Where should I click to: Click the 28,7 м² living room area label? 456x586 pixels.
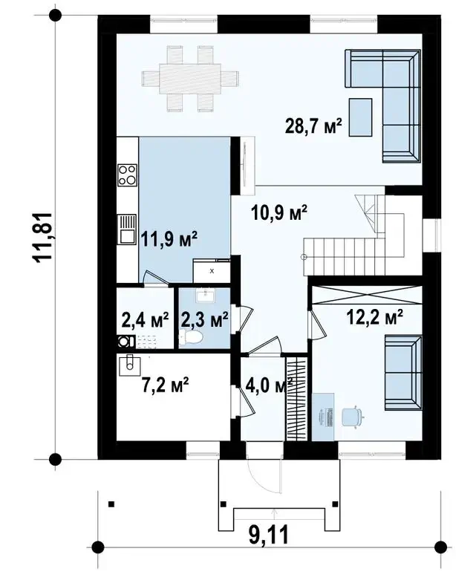pos(313,126)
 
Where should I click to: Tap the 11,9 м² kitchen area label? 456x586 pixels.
pos(169,239)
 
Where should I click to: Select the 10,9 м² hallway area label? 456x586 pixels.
pos(279,213)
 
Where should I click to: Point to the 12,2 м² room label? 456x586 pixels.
pos(374,317)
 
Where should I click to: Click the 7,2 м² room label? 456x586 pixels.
pos(165,385)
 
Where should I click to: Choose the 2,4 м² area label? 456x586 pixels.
pos(145,320)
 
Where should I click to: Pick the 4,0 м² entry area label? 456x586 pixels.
pos(269,385)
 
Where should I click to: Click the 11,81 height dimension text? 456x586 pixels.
pos(42,238)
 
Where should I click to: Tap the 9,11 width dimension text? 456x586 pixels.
pos(268,535)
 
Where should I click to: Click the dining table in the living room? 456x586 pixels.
pos(190,79)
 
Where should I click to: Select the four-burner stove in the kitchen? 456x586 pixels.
pos(127,175)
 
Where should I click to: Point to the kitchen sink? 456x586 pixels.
pos(127,229)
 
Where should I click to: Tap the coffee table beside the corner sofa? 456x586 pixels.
pos(360,117)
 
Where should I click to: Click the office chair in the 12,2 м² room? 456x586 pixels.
pos(352,417)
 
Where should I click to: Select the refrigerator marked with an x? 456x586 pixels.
pos(212,270)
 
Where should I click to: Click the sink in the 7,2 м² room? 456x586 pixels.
pos(129,365)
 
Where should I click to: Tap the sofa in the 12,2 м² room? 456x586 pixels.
pos(404,373)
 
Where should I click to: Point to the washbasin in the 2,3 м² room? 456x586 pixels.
pos(205,296)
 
